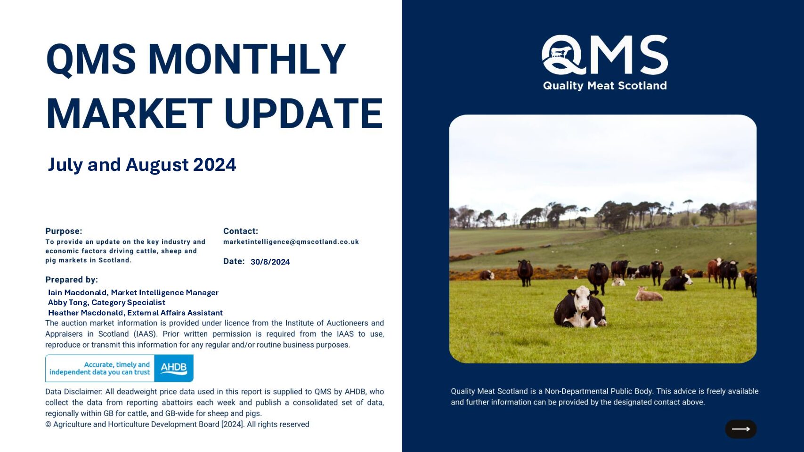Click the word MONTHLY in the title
[247, 58]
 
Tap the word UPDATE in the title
[304, 113]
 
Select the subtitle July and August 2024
[142, 165]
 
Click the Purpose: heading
[64, 231]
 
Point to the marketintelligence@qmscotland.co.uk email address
[291, 242]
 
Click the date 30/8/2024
[270, 262]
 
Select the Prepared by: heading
[72, 280]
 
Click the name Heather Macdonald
[86, 313]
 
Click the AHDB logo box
[174, 368]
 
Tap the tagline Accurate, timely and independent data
[100, 368]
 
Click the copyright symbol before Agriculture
[48, 424]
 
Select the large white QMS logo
[605, 55]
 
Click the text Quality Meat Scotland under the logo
[605, 86]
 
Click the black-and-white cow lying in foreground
[579, 307]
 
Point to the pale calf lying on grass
[648, 294]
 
